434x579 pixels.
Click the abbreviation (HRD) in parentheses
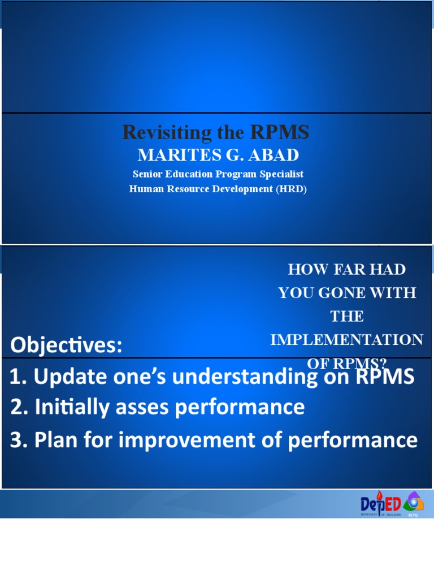click(x=291, y=189)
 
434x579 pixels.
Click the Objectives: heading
click(x=66, y=345)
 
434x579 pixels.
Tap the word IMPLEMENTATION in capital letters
click(x=346, y=340)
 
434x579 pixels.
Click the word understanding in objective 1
click(x=245, y=377)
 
